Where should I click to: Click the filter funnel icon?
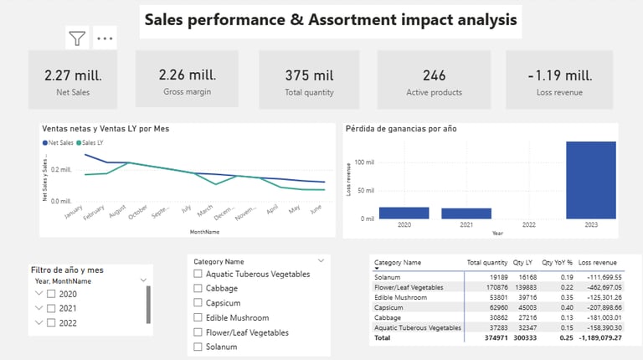(x=77, y=38)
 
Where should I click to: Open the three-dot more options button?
(x=104, y=38)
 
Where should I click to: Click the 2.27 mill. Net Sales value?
(x=67, y=75)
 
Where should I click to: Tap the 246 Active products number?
(x=435, y=75)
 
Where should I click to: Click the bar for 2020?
(x=404, y=213)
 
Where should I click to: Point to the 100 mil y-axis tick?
(x=364, y=162)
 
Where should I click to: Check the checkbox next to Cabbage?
(x=198, y=288)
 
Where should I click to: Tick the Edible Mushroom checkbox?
(x=198, y=317)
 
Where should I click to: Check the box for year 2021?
(x=52, y=308)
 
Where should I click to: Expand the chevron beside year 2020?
(x=38, y=294)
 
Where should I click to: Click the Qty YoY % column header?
(x=557, y=262)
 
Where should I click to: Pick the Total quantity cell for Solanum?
(x=486, y=275)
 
